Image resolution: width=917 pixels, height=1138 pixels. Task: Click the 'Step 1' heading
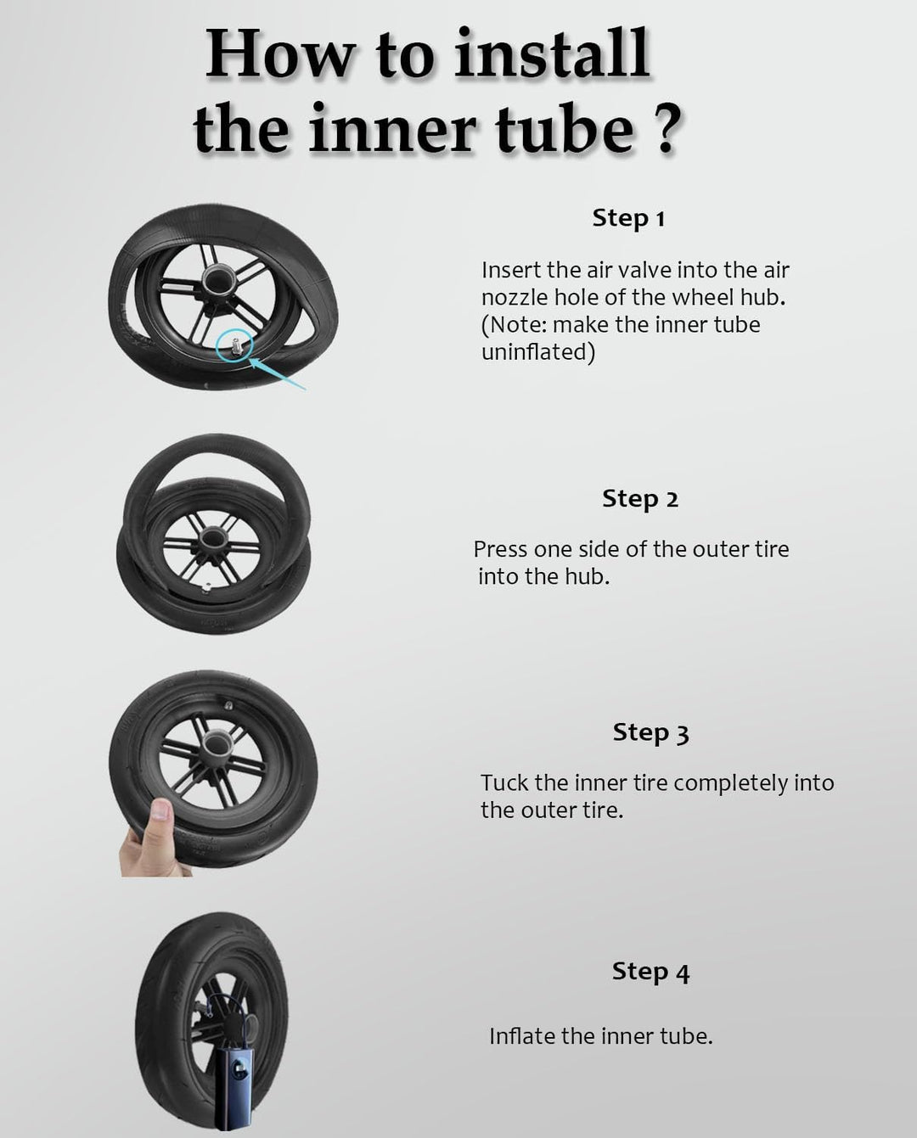[x=628, y=218]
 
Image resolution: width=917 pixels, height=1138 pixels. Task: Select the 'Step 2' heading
[x=639, y=499]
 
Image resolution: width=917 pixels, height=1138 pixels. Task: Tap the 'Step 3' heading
[x=651, y=732]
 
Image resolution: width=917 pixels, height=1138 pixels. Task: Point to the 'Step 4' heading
[x=651, y=972]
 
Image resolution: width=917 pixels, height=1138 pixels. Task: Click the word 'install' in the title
[x=552, y=53]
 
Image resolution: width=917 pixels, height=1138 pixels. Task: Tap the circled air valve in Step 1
[x=235, y=345]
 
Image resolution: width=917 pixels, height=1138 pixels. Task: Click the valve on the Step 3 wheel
[x=228, y=705]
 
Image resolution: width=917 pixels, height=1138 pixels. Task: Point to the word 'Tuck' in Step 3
[x=504, y=782]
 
